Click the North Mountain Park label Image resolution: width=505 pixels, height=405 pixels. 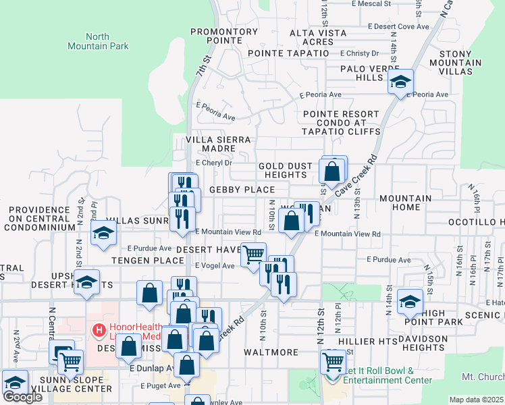click(x=98, y=41)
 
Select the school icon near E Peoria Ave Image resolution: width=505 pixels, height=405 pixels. click(x=400, y=82)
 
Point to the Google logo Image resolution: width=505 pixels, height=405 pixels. click(x=22, y=397)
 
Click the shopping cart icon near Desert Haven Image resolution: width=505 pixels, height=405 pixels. click(x=254, y=254)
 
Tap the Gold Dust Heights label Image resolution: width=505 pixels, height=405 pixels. click(x=286, y=170)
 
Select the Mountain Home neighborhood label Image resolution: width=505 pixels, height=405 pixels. click(x=405, y=203)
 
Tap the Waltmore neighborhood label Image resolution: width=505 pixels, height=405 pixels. click(x=271, y=352)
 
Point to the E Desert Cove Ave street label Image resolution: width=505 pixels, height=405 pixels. click(x=398, y=27)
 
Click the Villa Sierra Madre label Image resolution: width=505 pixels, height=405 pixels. click(x=219, y=144)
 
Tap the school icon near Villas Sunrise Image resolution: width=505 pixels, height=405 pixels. click(x=103, y=233)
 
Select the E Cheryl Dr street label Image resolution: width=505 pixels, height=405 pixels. click(x=214, y=163)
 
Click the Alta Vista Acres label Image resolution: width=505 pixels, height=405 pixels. click(x=312, y=37)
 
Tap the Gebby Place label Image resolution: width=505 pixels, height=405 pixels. click(x=242, y=190)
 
